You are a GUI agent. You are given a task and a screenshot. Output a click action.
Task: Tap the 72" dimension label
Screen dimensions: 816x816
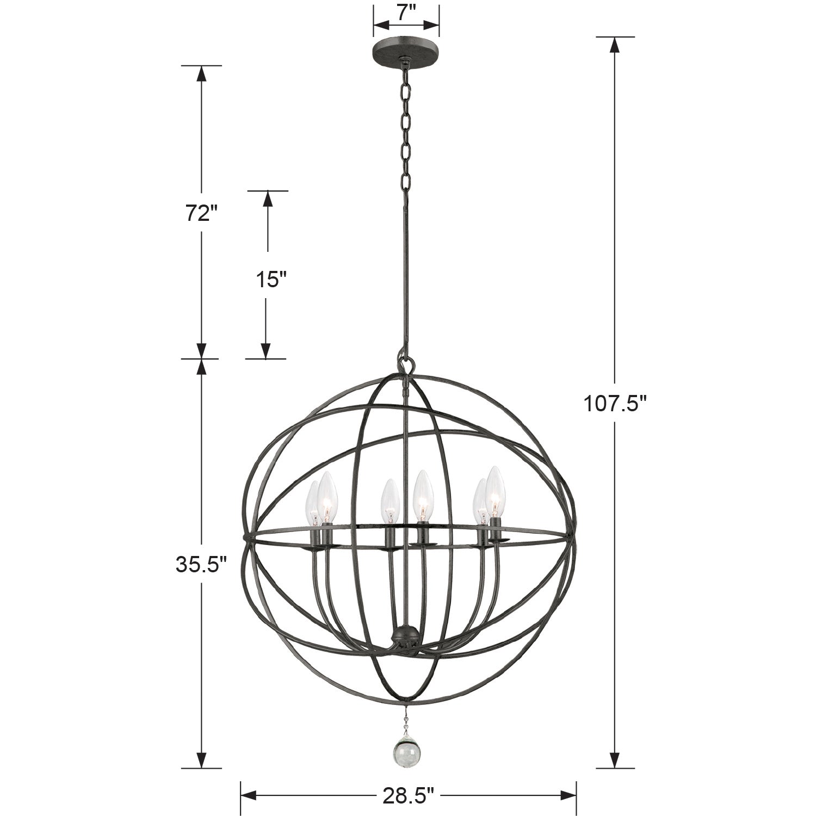coord(197,214)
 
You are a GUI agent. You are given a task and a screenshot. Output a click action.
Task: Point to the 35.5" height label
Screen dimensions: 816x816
coord(200,565)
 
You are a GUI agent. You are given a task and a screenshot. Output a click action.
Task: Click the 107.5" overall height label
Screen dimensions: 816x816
coord(615,404)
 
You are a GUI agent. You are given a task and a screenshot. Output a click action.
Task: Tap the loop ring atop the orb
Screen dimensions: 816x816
coord(405,362)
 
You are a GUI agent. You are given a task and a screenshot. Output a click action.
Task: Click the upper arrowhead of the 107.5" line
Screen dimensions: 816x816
coord(615,45)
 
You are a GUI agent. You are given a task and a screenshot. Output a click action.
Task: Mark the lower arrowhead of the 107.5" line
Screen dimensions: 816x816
coord(615,760)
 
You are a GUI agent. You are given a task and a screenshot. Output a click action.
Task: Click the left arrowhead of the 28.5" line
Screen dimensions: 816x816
coord(248,796)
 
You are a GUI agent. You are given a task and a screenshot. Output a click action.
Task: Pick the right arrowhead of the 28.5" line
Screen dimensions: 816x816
coord(568,796)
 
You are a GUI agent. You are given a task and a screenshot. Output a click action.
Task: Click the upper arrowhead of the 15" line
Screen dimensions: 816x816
coord(267,199)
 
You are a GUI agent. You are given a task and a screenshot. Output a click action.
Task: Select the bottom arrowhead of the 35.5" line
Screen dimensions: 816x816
coord(201,760)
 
